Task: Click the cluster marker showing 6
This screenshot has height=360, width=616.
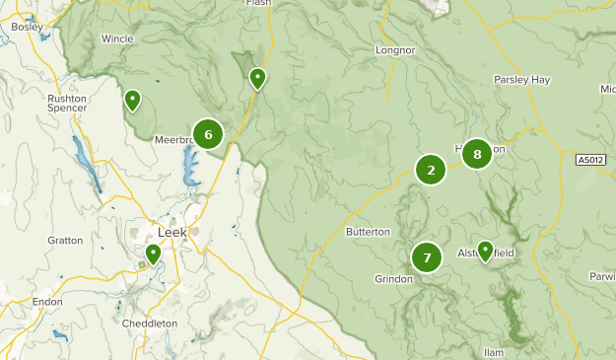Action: (x=207, y=134)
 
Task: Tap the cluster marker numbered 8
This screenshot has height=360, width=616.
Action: (x=477, y=154)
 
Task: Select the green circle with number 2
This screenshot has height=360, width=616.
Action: (x=431, y=170)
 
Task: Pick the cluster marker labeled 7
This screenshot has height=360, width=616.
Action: (x=427, y=258)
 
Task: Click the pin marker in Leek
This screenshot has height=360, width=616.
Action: (x=153, y=254)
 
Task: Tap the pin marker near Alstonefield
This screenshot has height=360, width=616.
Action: (x=485, y=251)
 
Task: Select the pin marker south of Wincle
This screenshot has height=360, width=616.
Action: (x=131, y=100)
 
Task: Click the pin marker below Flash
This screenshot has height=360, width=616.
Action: (x=257, y=77)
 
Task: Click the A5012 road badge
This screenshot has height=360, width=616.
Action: (x=590, y=159)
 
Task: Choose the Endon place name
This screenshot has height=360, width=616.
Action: (x=47, y=303)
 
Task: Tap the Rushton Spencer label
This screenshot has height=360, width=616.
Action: (x=68, y=103)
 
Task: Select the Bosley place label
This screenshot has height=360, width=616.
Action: (x=27, y=28)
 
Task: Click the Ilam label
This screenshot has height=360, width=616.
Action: (x=495, y=352)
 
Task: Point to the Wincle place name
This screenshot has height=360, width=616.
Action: (x=117, y=39)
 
